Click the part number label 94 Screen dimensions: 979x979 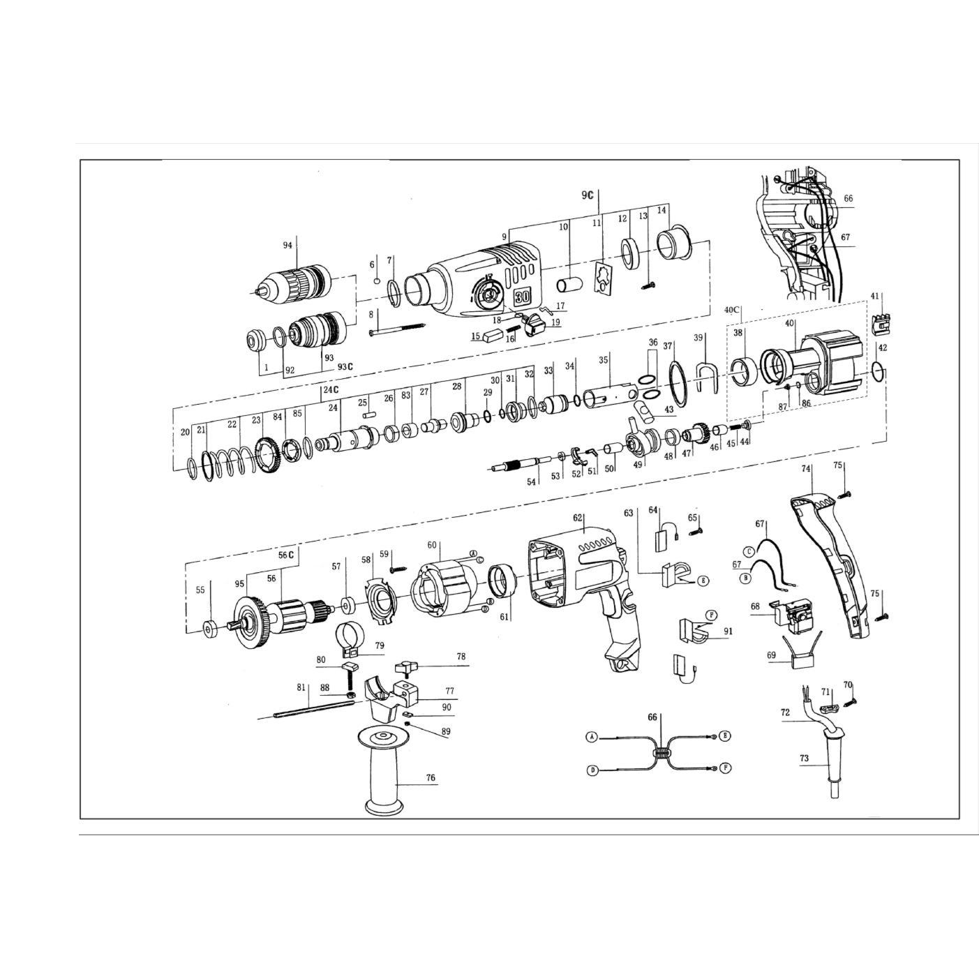click(287, 245)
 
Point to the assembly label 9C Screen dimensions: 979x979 click(587, 195)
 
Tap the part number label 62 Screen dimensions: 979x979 click(577, 518)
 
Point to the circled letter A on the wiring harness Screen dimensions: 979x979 click(592, 736)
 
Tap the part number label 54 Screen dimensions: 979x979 click(532, 482)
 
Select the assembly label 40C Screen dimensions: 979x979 click(732, 309)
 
